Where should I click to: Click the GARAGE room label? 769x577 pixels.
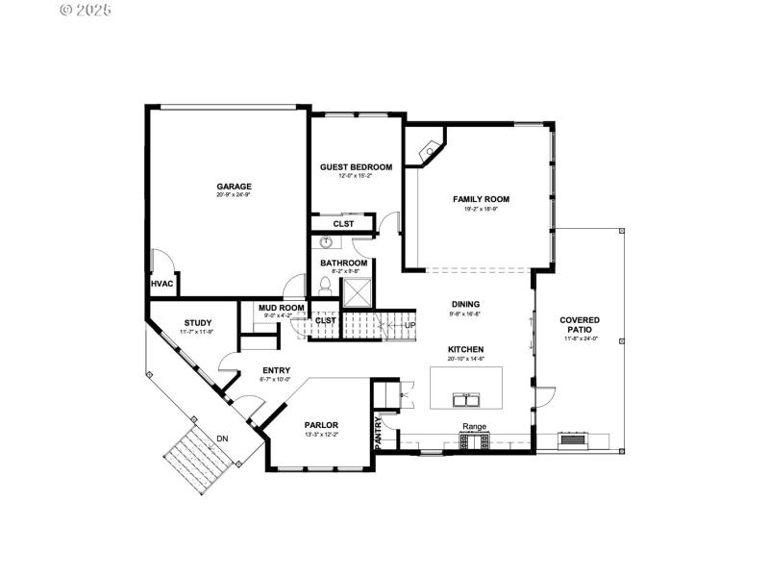tap(234, 186)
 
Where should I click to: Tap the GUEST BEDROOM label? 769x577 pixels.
tap(356, 166)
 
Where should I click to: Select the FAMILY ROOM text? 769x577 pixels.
tap(481, 199)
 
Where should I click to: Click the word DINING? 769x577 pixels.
tap(466, 304)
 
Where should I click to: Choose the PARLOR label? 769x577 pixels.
tap(322, 424)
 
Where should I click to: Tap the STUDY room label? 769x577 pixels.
tap(198, 323)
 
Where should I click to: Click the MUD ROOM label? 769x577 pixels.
tap(282, 308)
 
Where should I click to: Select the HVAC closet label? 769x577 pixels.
tap(161, 284)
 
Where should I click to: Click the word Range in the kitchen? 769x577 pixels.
tap(474, 426)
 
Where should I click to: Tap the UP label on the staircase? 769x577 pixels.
tap(410, 325)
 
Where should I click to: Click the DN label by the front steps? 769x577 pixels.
tap(223, 439)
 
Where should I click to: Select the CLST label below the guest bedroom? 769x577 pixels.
tap(343, 224)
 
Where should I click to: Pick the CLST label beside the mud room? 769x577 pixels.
tap(326, 320)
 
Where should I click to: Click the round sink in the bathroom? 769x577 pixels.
tap(327, 244)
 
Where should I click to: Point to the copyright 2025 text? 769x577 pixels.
tap(86, 10)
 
